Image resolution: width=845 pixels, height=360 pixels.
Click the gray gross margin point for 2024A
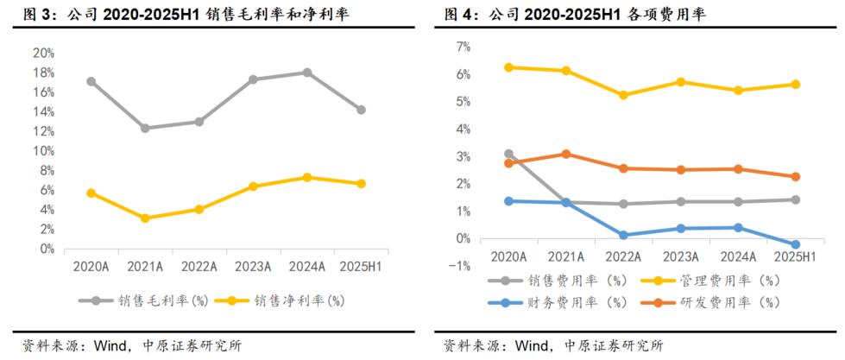[306, 73]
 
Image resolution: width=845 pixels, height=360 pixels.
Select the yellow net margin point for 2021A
[145, 218]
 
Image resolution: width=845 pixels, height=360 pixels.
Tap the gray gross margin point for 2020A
[91, 81]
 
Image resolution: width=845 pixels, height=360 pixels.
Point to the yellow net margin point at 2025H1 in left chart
[361, 184]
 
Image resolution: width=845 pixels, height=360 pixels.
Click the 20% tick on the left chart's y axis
[43, 53]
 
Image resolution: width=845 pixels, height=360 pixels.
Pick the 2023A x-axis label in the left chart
[253, 266]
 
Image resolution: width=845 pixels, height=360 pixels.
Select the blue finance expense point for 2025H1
[795, 245]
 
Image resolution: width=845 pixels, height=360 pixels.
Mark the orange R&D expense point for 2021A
[565, 154]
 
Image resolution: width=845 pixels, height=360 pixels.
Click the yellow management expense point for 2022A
[623, 95]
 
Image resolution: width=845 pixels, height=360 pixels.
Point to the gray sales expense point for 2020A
[508, 154]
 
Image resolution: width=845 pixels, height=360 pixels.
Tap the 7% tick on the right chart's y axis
[463, 47]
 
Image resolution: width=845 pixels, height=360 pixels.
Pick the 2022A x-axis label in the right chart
[623, 256]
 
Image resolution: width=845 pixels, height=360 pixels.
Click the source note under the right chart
[553, 346]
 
